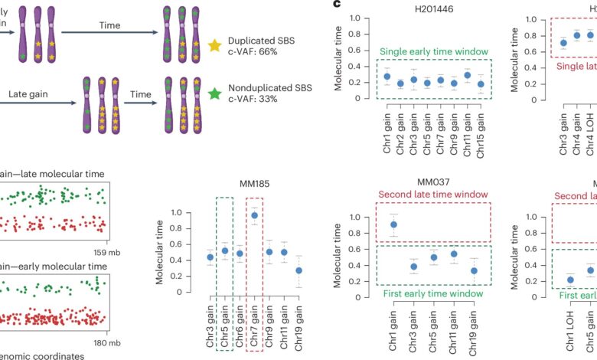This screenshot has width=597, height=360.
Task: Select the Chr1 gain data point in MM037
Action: (393, 224)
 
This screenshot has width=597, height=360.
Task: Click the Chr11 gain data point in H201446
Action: (467, 75)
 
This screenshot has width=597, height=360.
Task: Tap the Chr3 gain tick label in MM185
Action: (210, 319)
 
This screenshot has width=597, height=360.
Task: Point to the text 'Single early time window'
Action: (432, 51)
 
